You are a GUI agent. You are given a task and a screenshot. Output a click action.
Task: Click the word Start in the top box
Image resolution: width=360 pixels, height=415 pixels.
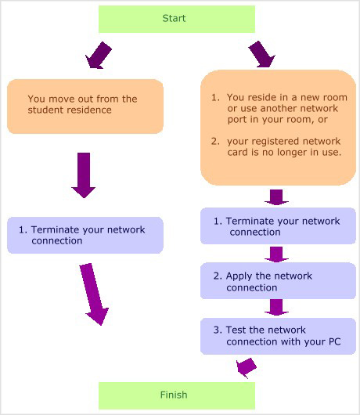(174, 18)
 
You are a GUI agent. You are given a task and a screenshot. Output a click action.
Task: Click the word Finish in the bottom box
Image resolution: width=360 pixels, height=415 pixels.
(174, 395)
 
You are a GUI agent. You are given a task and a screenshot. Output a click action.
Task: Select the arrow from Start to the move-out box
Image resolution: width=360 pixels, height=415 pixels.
(99, 56)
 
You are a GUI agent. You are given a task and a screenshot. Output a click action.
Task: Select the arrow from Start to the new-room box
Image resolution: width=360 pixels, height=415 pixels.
(261, 54)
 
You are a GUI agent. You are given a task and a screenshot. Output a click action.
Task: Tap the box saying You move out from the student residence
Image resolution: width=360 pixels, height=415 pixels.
(85, 106)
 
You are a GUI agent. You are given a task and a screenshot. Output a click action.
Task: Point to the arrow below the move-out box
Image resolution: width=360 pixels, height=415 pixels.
(84, 175)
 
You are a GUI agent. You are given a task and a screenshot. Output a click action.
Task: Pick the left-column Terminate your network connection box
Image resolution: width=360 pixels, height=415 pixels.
(85, 235)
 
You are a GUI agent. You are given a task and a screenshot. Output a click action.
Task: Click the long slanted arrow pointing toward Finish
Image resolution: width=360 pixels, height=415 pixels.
(94, 294)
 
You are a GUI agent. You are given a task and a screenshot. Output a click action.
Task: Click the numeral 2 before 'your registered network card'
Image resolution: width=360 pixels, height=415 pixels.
(214, 141)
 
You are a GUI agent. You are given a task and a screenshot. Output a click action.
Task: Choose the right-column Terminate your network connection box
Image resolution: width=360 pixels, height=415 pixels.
(278, 226)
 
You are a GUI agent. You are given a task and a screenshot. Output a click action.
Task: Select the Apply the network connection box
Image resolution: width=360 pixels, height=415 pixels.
(278, 281)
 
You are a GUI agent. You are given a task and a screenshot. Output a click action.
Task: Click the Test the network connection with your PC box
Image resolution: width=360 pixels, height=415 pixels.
(278, 336)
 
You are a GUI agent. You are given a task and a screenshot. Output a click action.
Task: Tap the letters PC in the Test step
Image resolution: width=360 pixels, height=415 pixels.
(334, 341)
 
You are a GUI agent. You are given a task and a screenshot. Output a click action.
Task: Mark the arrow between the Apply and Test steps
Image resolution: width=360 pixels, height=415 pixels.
(276, 307)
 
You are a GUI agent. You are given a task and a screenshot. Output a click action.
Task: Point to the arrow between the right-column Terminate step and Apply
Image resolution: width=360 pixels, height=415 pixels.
(276, 254)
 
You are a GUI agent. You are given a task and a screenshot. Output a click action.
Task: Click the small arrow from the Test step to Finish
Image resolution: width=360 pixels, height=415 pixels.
(246, 368)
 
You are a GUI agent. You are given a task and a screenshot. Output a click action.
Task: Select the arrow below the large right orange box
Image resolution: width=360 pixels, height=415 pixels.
(276, 197)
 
